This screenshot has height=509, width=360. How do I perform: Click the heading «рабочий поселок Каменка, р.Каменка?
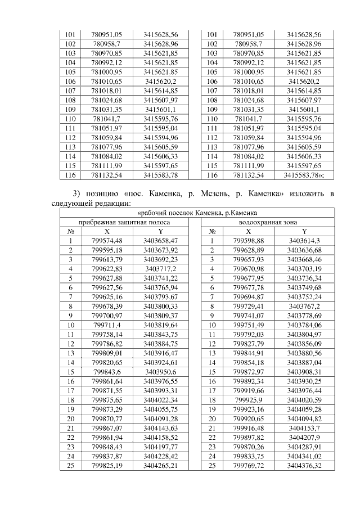[x=198, y=213]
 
